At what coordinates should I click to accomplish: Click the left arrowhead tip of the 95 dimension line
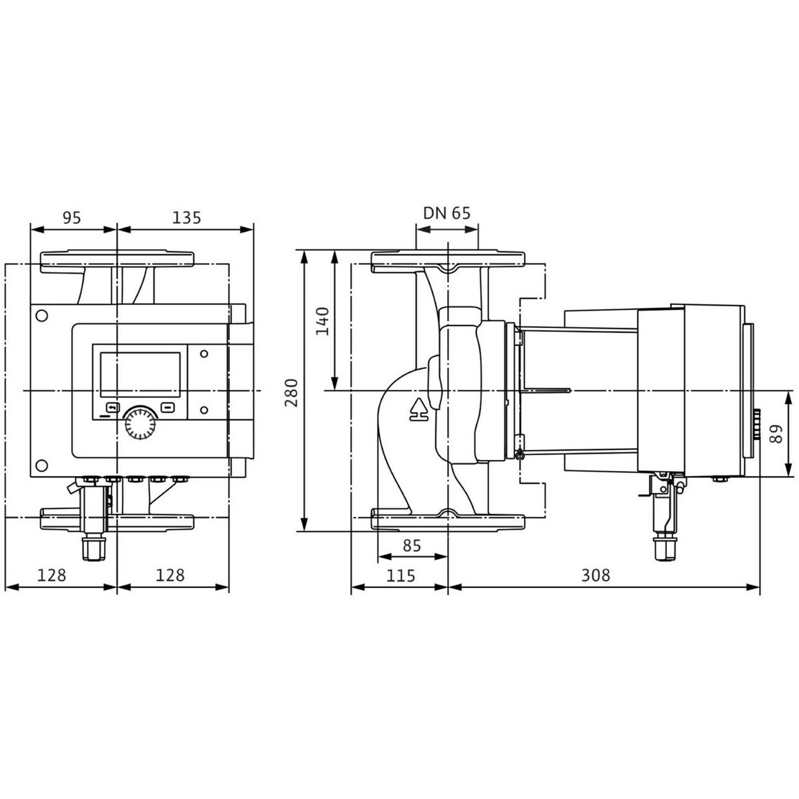(31, 229)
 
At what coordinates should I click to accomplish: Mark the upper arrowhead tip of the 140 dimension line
(335, 251)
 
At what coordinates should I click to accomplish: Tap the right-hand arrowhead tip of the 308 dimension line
(760, 587)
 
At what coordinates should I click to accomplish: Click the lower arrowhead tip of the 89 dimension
(790, 477)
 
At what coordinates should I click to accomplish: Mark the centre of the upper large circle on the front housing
(42, 316)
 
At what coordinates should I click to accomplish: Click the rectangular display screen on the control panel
(140, 375)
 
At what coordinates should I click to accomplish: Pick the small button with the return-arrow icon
(113, 408)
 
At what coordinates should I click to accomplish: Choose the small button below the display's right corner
(168, 408)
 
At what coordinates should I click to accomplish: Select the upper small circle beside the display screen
(204, 354)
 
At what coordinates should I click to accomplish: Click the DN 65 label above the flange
(447, 213)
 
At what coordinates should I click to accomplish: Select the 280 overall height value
(291, 393)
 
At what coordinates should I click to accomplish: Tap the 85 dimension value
(412, 546)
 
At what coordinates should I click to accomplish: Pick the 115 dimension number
(401, 575)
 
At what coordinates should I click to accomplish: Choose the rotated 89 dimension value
(775, 434)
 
